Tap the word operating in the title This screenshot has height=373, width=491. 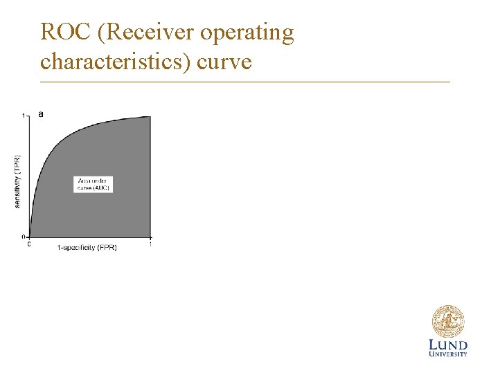point(251,33)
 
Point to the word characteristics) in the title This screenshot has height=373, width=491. point(115,62)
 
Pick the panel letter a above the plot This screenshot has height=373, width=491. point(40,113)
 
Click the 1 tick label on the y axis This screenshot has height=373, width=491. point(24,116)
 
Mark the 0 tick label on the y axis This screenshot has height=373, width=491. point(24,237)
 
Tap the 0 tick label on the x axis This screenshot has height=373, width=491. point(29,244)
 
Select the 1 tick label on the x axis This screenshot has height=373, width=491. point(150,244)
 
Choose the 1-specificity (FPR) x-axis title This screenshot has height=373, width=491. point(87,248)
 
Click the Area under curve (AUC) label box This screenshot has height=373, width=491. point(93,184)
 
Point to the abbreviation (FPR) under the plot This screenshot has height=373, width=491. point(107,248)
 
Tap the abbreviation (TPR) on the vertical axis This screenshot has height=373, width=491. point(17,164)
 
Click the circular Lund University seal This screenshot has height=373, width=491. point(447,322)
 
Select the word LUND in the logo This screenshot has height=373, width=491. point(448,345)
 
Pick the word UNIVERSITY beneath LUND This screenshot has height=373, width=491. point(448,354)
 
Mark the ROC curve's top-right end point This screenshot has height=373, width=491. point(150,116)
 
